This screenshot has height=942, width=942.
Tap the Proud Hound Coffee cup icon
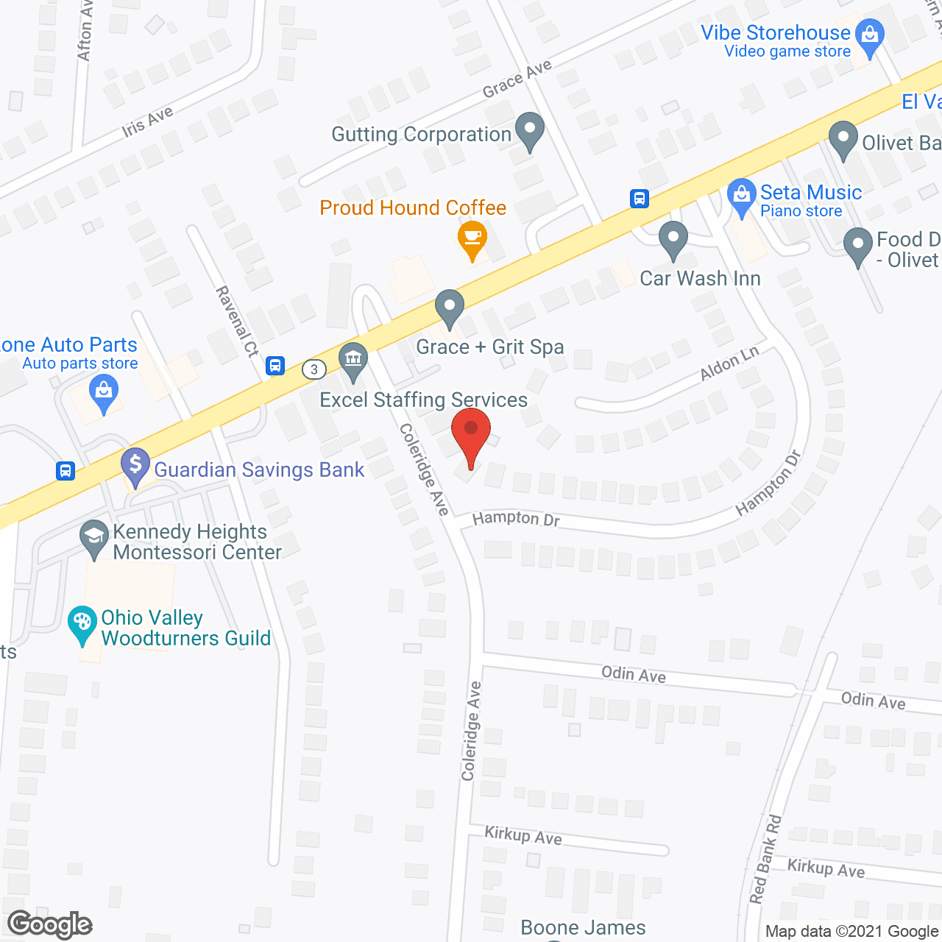[x=472, y=238]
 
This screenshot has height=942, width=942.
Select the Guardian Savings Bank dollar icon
[x=135, y=465]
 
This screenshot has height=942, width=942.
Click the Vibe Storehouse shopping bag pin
[x=870, y=36]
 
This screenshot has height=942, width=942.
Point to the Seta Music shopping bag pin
[x=741, y=196]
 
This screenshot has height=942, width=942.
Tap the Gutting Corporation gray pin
[x=529, y=130]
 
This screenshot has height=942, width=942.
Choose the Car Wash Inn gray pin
[x=673, y=239]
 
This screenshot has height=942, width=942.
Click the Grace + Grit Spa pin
[x=449, y=307]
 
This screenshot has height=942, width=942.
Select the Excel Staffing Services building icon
[x=354, y=360]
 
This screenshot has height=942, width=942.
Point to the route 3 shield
[x=314, y=369]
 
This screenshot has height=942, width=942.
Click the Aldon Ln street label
[x=729, y=364]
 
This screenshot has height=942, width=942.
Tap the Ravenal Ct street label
[x=237, y=322]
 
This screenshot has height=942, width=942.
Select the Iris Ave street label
[x=147, y=121]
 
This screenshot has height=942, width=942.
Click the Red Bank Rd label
[x=765, y=858]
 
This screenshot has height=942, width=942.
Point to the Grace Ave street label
[x=517, y=79]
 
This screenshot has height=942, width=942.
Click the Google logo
[x=50, y=924]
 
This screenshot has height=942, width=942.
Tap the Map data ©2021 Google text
[x=851, y=932]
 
